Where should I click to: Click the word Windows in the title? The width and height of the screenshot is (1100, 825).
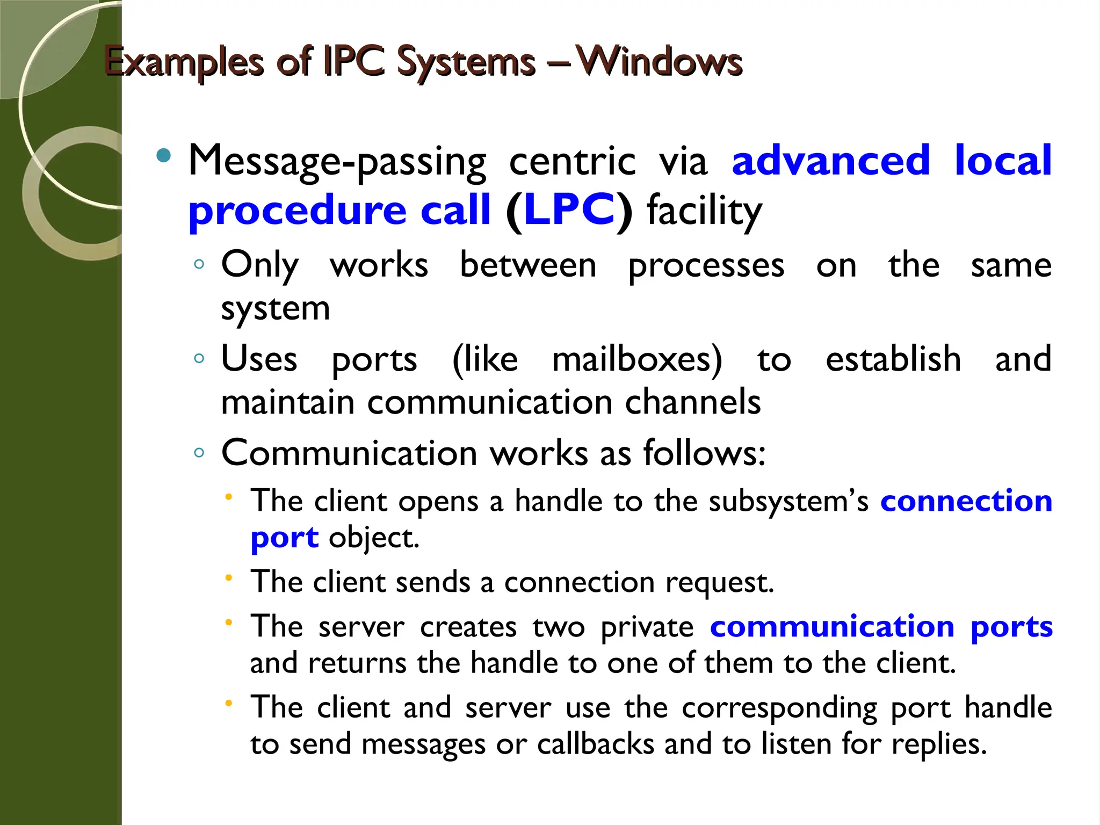click(x=659, y=61)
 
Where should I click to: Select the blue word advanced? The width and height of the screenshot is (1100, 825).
click(x=831, y=161)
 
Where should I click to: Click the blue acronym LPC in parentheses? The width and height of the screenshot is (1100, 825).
click(x=569, y=209)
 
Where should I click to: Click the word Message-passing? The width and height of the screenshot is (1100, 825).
click(x=337, y=162)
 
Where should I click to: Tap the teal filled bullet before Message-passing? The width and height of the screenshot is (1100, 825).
click(x=163, y=156)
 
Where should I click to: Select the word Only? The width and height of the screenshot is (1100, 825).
click(x=260, y=265)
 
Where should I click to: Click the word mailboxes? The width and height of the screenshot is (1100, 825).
click(x=637, y=359)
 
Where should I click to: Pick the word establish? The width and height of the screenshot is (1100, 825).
click(x=893, y=359)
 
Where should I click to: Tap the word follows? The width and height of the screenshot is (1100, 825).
click(x=704, y=453)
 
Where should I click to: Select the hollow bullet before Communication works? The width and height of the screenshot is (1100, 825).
click(x=199, y=453)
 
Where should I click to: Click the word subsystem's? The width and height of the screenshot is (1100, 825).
click(x=788, y=501)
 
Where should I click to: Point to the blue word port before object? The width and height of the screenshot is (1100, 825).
click(x=285, y=538)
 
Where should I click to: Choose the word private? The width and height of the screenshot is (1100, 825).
click(x=647, y=627)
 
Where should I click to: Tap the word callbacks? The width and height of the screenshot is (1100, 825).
click(x=596, y=744)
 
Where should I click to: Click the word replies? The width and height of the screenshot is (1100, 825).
click(x=939, y=744)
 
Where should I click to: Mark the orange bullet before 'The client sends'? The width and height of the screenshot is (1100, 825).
click(x=228, y=578)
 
